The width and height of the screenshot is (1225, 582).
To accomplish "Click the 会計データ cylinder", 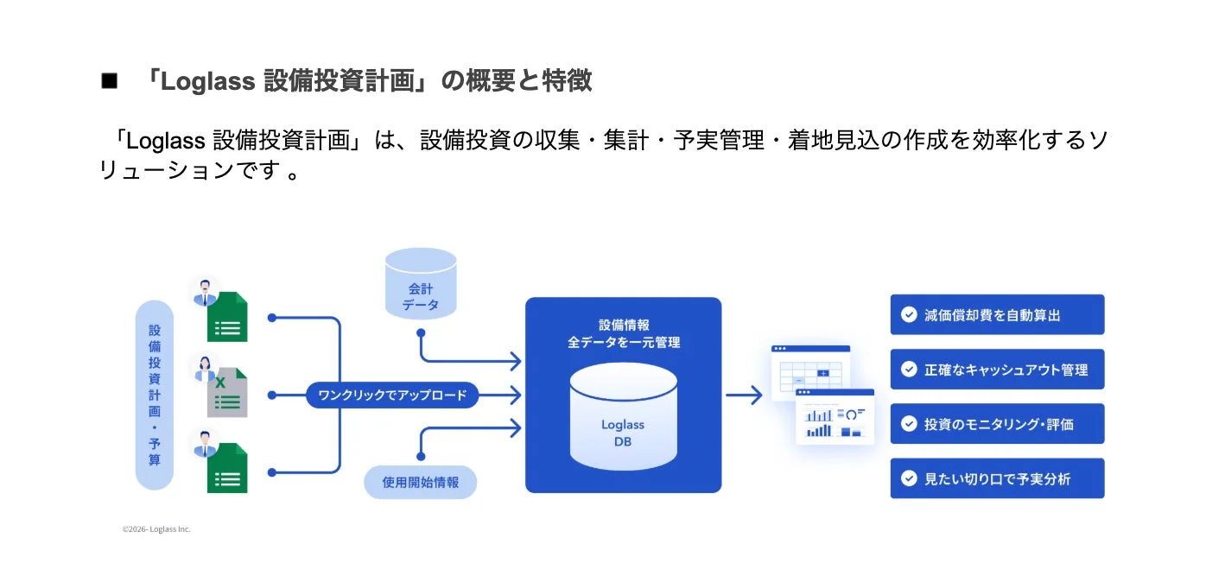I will (x=421, y=284).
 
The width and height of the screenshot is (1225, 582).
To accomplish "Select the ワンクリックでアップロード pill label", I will (x=391, y=395).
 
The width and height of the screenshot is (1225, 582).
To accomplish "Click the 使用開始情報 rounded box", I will (x=421, y=481).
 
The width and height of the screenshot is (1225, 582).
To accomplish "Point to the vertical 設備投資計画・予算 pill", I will (x=155, y=395).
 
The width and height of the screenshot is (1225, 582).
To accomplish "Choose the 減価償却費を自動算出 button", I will (x=997, y=314).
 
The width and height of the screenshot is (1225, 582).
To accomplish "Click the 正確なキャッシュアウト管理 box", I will (x=997, y=369).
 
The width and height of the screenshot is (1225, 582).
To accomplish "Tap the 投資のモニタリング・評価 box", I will (x=997, y=424).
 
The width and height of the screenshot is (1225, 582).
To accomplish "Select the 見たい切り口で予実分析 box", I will (x=997, y=478).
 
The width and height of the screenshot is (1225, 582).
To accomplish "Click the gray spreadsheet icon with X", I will (x=227, y=394).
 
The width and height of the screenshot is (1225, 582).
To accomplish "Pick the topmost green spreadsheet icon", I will (x=227, y=318).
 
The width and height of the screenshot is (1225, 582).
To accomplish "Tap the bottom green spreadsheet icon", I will (x=227, y=469).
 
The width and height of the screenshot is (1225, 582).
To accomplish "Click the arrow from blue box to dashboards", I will (x=744, y=395).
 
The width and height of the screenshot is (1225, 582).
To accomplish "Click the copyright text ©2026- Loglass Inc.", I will (x=156, y=528).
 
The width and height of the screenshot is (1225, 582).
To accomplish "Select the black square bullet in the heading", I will (x=109, y=82).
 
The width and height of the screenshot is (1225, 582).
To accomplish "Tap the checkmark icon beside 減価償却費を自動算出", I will (x=909, y=314).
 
